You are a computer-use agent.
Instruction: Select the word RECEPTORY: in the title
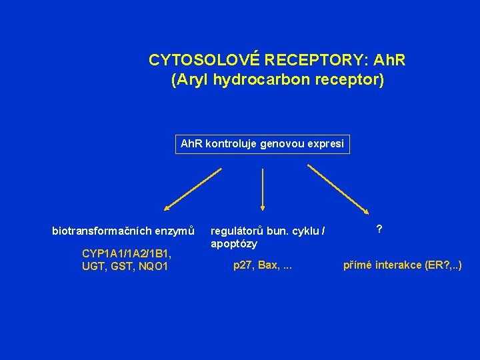[311, 61]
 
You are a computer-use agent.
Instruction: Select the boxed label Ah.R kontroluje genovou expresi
[262, 144]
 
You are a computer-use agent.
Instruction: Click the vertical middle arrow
[263, 190]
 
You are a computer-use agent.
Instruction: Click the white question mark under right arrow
[379, 229]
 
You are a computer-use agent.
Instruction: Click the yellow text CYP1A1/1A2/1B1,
[126, 253]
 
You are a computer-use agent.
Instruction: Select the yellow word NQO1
[153, 267]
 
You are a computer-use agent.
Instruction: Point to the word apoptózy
[233, 244]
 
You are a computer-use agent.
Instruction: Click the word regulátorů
[237, 231]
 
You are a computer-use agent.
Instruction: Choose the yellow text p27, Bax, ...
[255, 265]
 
